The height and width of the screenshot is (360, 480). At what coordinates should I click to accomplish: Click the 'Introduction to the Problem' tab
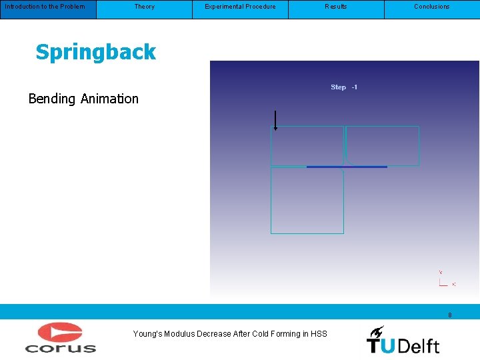pos(45,7)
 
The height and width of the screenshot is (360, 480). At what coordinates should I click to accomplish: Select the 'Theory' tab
pos(144,7)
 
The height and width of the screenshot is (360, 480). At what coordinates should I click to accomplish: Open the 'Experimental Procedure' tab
pos(240,7)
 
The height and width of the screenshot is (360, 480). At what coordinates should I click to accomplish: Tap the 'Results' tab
pos(336,7)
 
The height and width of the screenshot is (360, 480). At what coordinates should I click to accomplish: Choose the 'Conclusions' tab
pos(432,7)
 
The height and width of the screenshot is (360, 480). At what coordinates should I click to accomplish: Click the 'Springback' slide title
pos(95,52)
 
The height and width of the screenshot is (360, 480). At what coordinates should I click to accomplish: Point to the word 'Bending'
pos(52,99)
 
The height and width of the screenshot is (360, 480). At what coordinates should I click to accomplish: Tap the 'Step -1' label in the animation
pos(344,87)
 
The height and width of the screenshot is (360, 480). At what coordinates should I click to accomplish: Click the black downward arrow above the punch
pos(275,120)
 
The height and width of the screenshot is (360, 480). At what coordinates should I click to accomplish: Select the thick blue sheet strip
pos(347,167)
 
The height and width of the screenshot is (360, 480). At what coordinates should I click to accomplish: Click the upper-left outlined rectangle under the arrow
pos(307,145)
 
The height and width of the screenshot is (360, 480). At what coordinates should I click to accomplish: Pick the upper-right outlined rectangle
pos(383,145)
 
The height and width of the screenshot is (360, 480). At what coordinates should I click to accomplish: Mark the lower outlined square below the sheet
pos(307,200)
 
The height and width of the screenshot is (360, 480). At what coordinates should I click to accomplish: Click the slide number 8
pos(450,315)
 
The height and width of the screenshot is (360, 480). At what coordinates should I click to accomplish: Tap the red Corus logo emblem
pos(60,332)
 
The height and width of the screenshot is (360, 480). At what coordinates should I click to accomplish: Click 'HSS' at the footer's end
pos(319,334)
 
